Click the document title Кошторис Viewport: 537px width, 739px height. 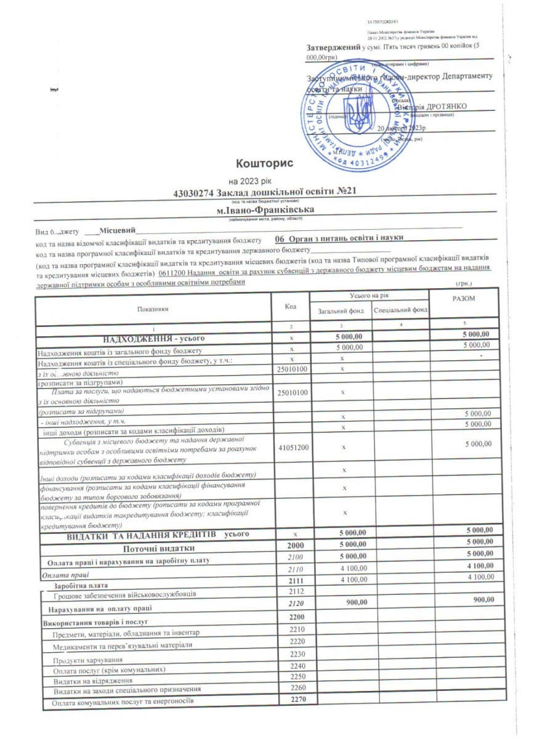(260, 163)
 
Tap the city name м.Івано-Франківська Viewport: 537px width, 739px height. (262, 210)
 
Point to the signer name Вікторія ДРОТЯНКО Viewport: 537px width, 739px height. (432, 107)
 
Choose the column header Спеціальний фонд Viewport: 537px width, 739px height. (401, 311)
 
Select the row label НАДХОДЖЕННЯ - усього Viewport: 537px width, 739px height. (153, 339)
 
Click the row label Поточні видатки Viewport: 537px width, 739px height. (159, 549)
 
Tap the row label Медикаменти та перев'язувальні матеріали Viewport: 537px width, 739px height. (123, 645)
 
